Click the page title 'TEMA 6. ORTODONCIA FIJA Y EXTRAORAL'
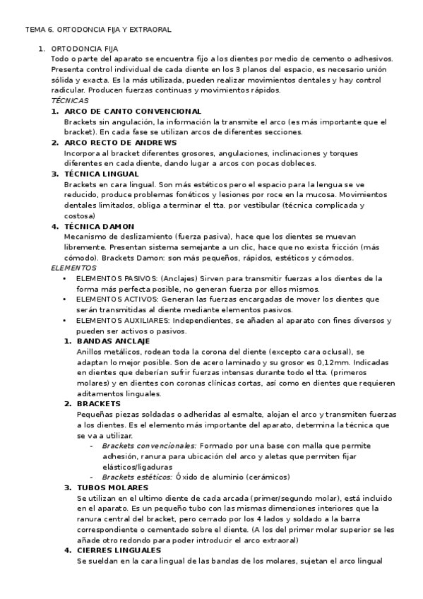[x=98, y=30]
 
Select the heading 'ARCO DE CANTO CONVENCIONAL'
[x=133, y=112]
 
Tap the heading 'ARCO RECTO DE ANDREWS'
[x=120, y=143]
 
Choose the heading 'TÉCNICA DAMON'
[x=98, y=226]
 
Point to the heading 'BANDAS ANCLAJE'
[x=112, y=341]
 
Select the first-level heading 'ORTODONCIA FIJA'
[x=84, y=49]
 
